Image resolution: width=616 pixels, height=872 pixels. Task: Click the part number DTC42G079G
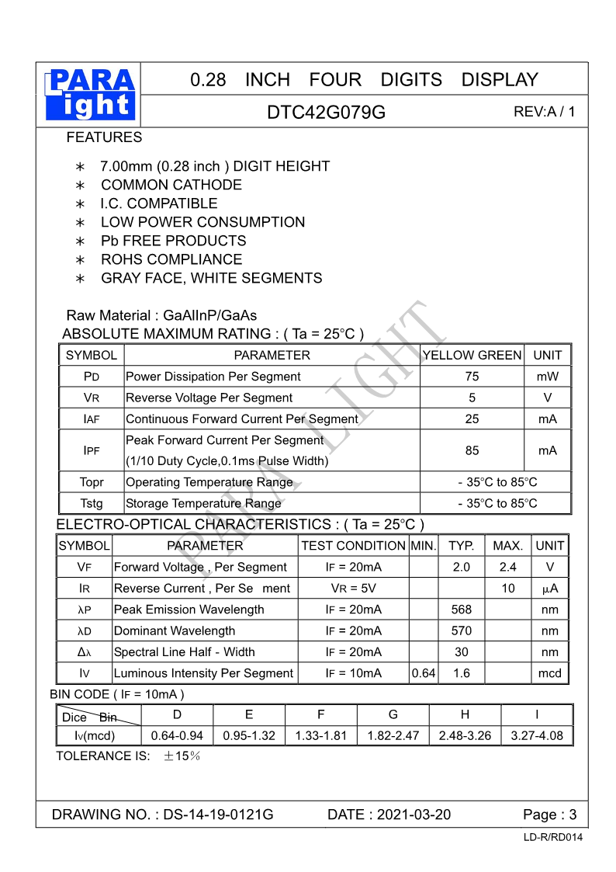click(326, 112)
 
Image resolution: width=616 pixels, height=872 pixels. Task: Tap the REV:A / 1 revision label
click(544, 111)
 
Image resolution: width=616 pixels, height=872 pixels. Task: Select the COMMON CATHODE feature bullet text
click(171, 185)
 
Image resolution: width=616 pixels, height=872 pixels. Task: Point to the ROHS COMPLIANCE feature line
click(171, 259)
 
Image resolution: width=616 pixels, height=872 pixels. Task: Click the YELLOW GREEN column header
click(472, 355)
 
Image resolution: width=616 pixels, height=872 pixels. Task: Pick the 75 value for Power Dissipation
click(472, 377)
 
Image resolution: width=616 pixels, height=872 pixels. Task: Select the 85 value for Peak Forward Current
click(472, 450)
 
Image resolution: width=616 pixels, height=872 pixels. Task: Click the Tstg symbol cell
click(92, 503)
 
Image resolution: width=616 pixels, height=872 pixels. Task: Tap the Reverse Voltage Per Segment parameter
click(209, 398)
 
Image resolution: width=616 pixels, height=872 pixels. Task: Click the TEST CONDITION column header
click(353, 546)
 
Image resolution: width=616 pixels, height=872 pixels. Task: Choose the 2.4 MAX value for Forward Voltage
click(507, 567)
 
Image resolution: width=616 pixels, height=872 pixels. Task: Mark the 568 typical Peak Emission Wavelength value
click(462, 610)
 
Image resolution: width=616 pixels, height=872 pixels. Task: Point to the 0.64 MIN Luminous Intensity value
click(424, 673)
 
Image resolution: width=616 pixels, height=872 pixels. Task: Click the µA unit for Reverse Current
click(549, 589)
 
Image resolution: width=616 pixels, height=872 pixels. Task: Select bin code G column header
click(393, 714)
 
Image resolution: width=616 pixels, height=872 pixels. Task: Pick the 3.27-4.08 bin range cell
click(537, 735)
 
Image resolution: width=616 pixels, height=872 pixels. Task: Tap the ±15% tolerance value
click(182, 756)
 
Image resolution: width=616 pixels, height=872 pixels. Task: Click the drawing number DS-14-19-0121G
click(218, 815)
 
